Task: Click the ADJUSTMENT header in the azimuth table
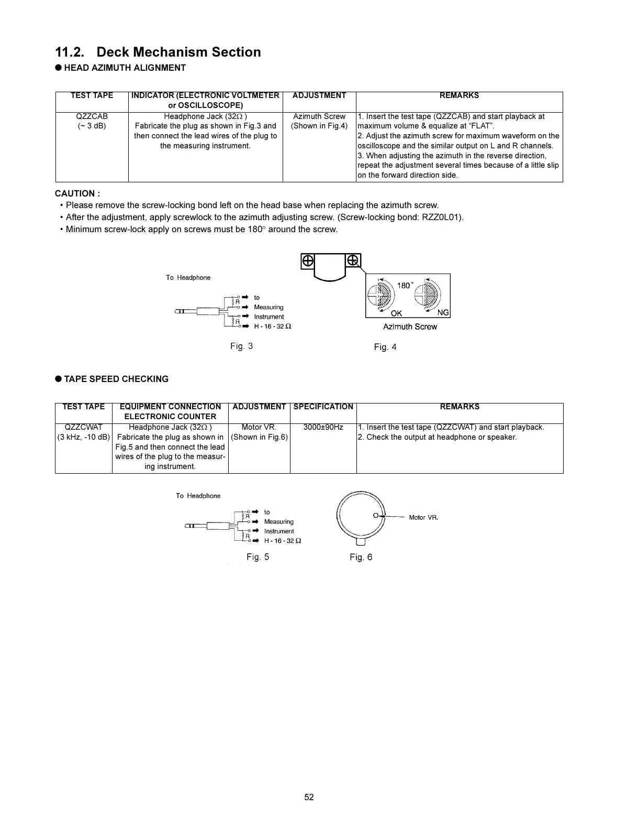pos(319,95)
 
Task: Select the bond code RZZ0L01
pos(442,217)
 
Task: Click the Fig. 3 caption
pos(242,346)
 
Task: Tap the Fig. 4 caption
pos(385,347)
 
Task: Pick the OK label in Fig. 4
pos(396,313)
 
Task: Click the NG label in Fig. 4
pos(443,313)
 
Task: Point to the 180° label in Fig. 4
pos(405,286)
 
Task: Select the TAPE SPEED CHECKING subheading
pos(116,379)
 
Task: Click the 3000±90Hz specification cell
pos(323,427)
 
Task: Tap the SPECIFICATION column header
pos(323,407)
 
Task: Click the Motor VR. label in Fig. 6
pos(423,517)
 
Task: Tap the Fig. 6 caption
pos(361,557)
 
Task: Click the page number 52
pos(309,798)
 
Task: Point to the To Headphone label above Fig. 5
pos(198,496)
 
